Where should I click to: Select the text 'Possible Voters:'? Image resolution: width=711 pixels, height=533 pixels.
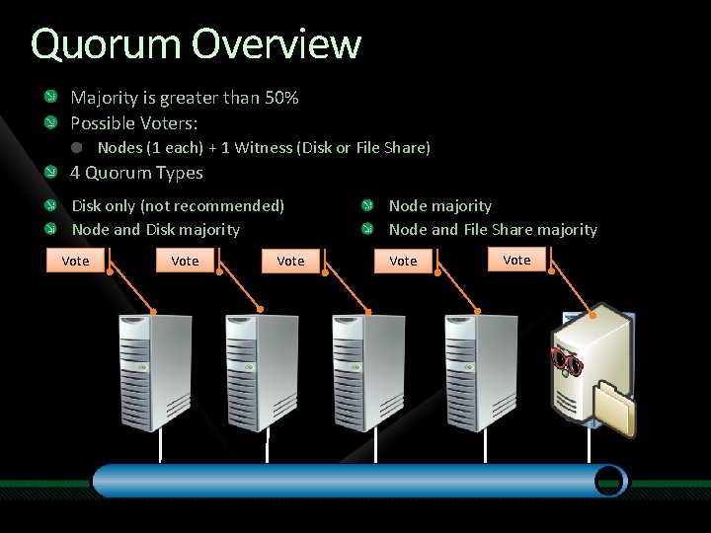133,123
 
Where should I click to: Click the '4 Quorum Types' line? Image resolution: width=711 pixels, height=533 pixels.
136,173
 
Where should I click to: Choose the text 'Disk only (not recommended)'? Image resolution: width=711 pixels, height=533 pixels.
178,205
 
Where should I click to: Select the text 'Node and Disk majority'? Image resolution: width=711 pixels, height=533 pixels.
155,229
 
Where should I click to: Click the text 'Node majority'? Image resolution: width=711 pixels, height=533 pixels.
439,205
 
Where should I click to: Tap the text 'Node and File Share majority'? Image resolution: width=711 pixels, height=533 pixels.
493,229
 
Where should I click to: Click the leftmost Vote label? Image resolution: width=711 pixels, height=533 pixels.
75,261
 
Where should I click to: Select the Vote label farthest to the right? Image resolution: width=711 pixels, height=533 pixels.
516,260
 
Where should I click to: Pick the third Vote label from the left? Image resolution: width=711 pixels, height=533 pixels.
290,261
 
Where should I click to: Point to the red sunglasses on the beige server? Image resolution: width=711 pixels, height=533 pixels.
567,361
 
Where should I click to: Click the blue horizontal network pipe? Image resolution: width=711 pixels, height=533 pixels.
355,481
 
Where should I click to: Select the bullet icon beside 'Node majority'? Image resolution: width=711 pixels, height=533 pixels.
366,205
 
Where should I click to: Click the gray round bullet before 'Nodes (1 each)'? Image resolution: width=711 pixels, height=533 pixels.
77,148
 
